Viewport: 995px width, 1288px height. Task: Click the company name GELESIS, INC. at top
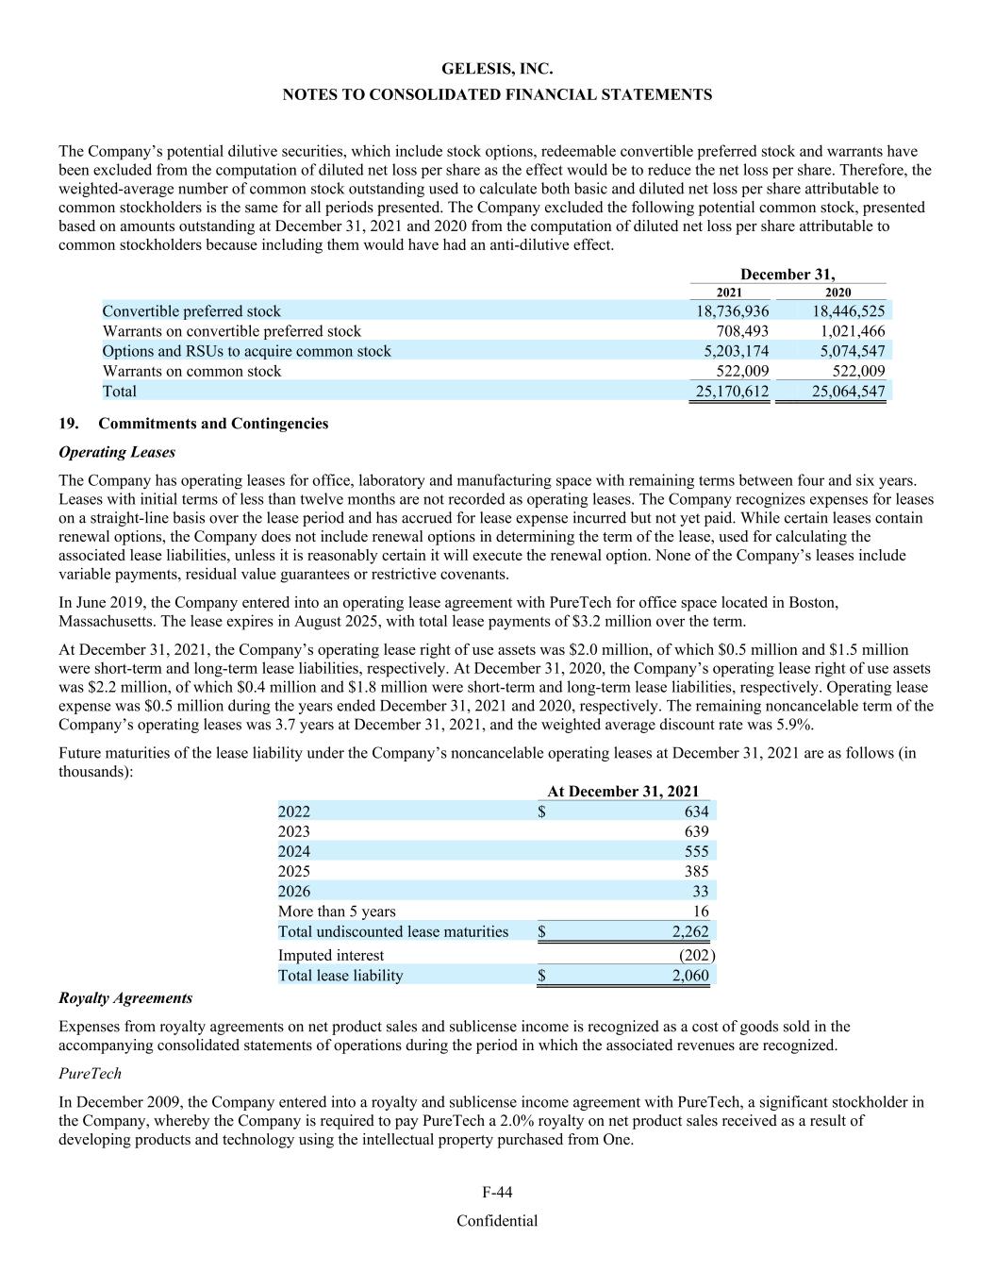497,69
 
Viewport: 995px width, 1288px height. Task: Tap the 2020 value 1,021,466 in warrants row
848,331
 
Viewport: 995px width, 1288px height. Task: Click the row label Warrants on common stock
191,371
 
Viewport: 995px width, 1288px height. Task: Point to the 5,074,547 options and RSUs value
848,351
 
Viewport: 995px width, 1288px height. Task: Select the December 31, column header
788,275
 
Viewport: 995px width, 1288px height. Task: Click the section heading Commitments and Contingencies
213,424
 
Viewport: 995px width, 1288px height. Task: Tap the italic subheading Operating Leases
117,452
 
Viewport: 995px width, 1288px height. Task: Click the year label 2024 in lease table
294,851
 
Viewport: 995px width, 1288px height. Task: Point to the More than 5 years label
337,912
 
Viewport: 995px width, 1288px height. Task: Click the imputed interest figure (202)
697,955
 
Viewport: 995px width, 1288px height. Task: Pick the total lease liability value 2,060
689,976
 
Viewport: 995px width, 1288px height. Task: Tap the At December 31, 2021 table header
623,792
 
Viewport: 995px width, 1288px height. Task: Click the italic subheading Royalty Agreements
125,998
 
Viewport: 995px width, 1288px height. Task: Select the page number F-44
497,1193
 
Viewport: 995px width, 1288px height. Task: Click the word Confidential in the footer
497,1221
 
